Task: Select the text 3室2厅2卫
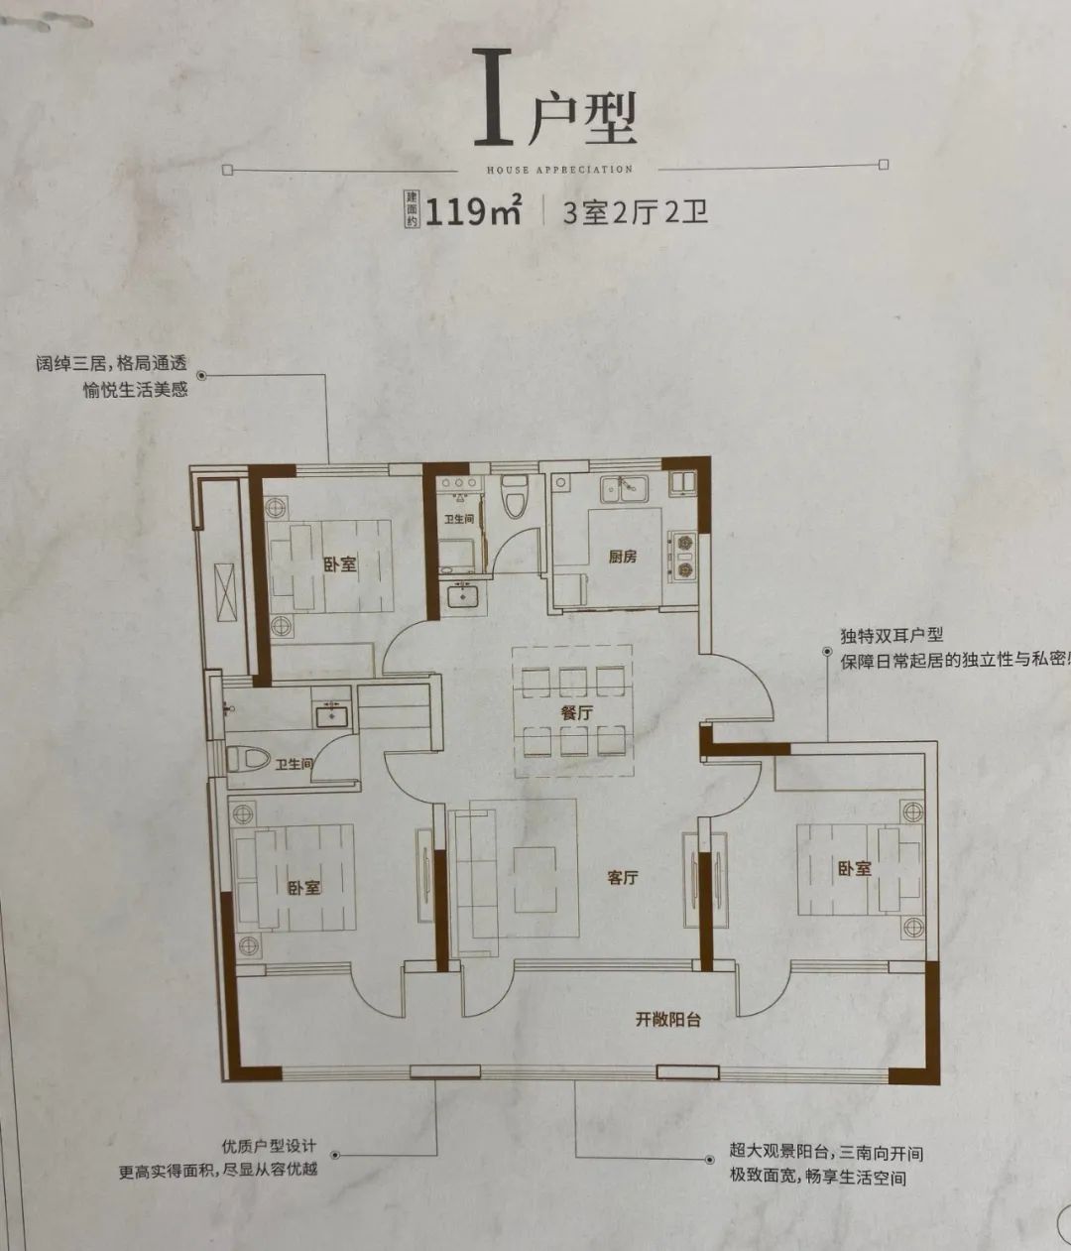(635, 212)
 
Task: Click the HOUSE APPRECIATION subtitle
(559, 170)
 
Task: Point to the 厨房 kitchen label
(623, 557)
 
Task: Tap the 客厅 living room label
(622, 878)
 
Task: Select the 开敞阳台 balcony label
(668, 1019)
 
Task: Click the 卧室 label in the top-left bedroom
(339, 564)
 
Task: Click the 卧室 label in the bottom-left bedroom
(304, 886)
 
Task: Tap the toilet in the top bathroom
(514, 497)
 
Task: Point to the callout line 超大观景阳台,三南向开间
(826, 1153)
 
